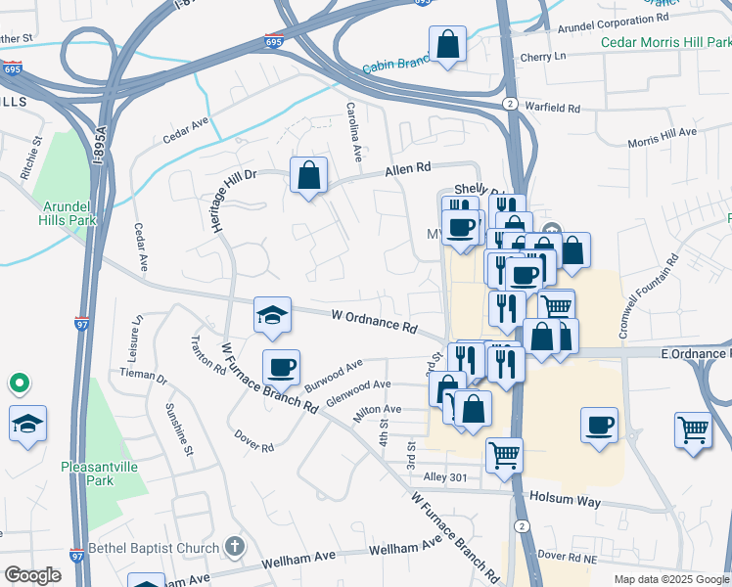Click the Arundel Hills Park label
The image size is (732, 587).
[69, 213]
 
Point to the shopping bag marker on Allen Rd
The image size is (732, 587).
[308, 176]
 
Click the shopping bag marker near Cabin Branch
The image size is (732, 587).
[447, 44]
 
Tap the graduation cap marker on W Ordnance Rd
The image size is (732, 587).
[272, 314]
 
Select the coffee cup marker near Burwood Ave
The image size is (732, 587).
[281, 367]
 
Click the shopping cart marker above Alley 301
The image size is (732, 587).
[504, 454]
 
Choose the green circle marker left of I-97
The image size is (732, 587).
[18, 383]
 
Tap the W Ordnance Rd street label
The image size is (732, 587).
[375, 319]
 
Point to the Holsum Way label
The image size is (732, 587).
[563, 498]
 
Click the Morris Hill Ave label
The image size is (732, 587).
[662, 137]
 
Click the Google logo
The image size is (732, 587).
[32, 575]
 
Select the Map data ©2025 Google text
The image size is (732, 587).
[670, 579]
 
